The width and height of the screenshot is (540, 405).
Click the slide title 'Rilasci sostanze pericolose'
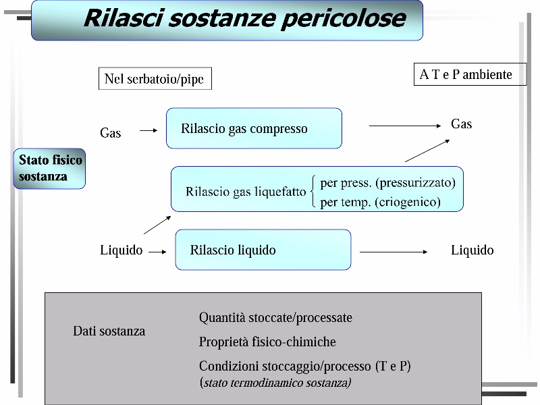(245, 18)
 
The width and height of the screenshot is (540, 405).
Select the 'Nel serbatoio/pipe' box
(155, 78)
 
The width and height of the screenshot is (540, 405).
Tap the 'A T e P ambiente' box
(470, 74)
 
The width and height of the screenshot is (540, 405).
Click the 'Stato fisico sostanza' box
(49, 168)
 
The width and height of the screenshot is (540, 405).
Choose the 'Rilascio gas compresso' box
(254, 128)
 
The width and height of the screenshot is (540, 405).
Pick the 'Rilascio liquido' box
(263, 250)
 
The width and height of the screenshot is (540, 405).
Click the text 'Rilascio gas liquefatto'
(246, 192)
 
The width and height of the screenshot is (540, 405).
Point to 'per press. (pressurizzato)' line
(387, 182)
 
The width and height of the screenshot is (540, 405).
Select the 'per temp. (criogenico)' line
(380, 202)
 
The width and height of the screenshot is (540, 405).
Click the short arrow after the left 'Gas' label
(148, 130)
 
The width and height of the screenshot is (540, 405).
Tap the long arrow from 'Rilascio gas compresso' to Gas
(405, 126)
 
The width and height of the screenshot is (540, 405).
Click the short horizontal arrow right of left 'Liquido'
(157, 252)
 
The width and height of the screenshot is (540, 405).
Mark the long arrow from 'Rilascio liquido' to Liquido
(394, 252)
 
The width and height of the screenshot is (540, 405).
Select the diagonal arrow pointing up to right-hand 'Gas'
(427, 151)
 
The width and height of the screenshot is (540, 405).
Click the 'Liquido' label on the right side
(472, 250)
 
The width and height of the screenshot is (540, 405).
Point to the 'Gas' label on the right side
(461, 124)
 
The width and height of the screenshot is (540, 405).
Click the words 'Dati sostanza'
(109, 331)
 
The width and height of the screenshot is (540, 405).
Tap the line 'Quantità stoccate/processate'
(275, 317)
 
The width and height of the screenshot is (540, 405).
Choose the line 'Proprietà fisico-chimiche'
(267, 342)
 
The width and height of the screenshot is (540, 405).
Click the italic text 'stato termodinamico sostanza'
(277, 383)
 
